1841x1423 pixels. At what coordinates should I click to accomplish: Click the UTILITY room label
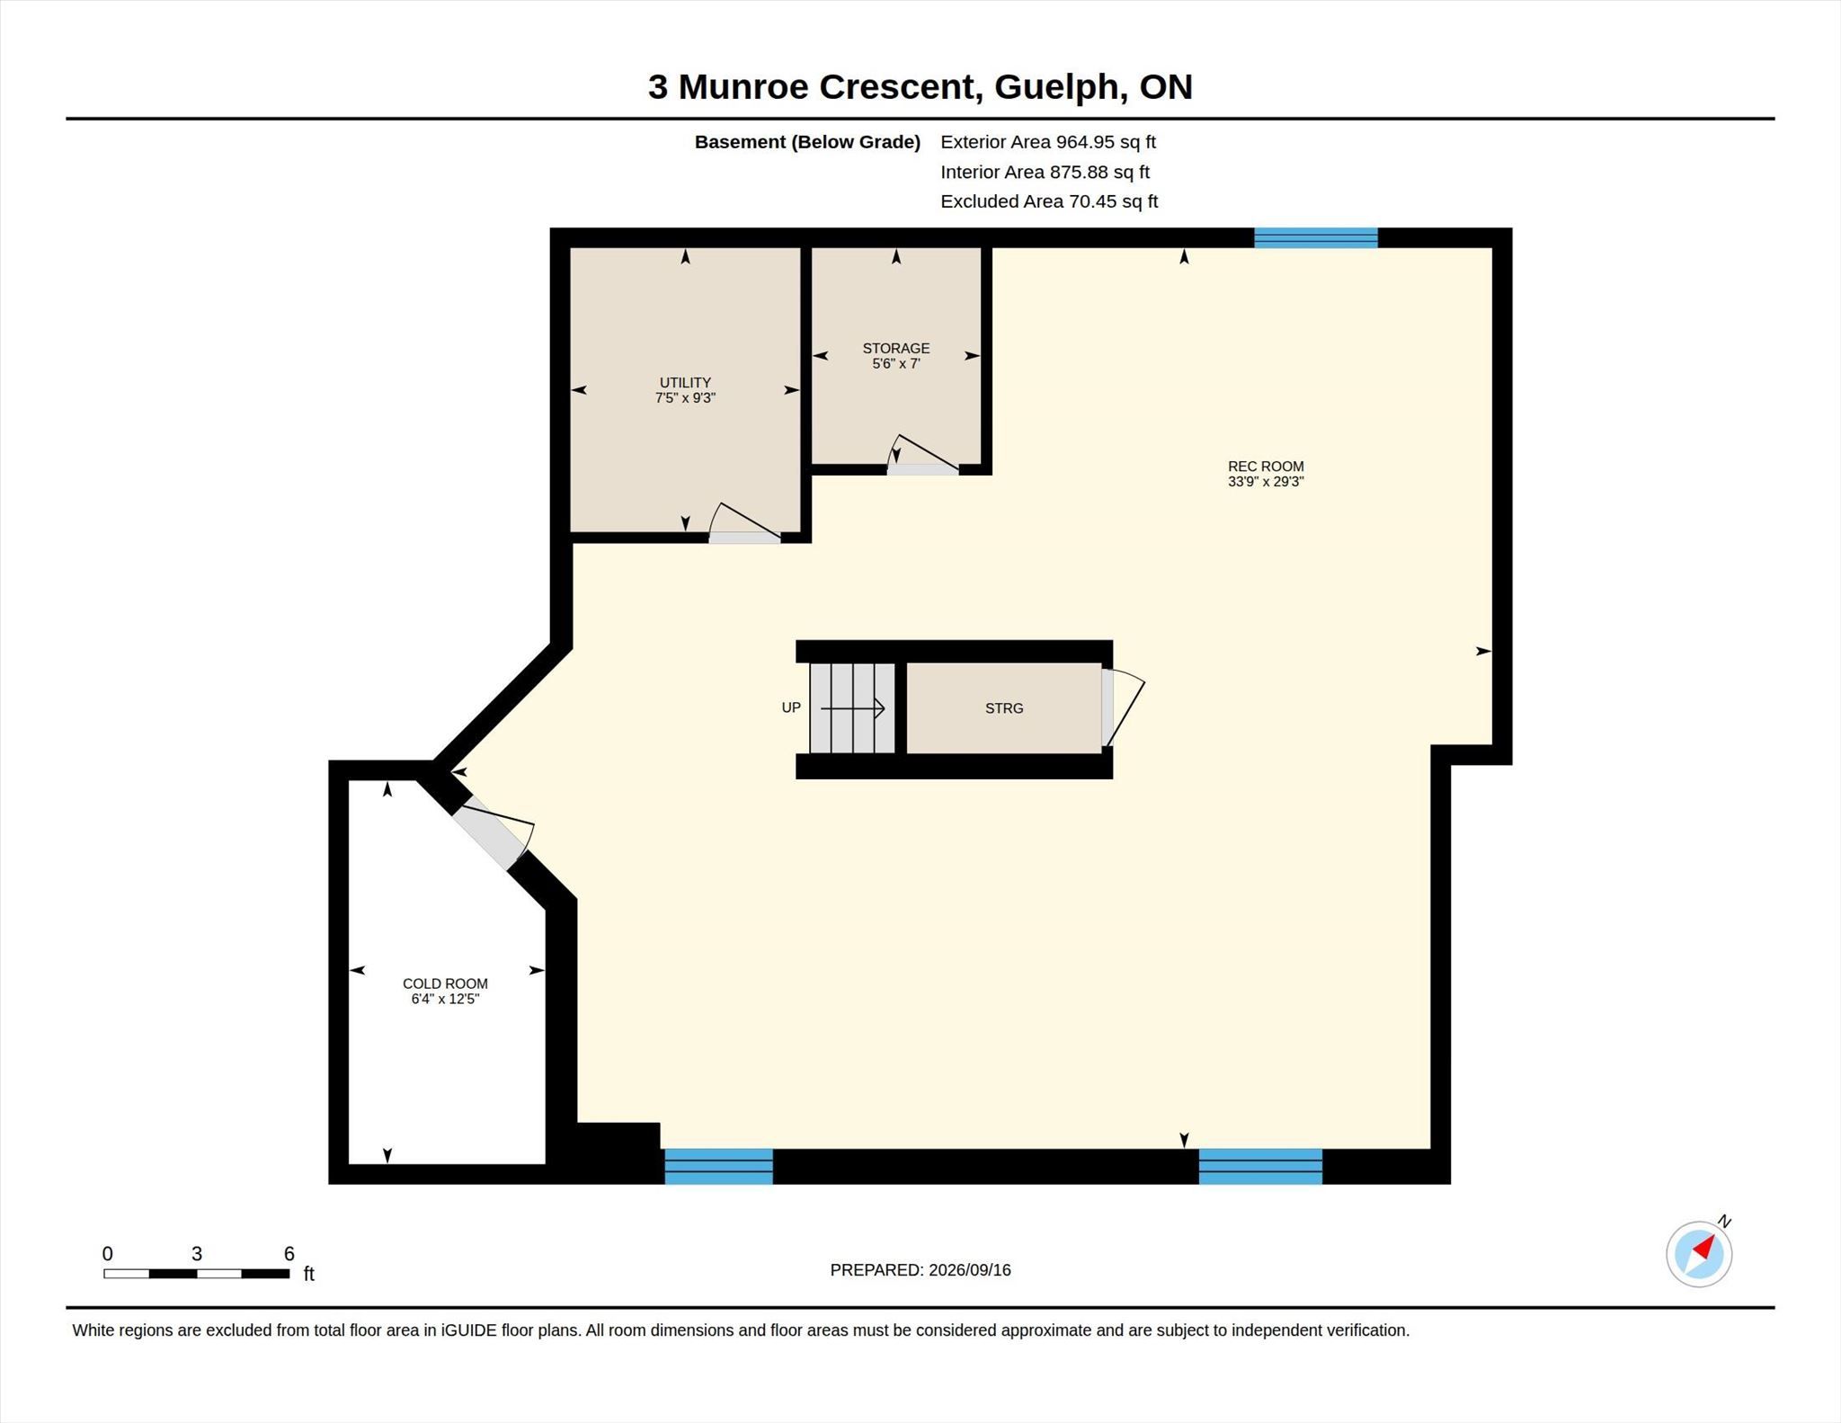(685, 383)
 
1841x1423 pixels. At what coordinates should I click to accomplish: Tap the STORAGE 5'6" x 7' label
(896, 356)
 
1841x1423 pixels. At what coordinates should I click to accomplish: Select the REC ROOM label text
(1266, 467)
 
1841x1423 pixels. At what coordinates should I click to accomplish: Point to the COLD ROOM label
(445, 983)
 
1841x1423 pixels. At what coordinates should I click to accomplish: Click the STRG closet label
(1004, 708)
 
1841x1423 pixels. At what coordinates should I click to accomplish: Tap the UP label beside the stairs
(791, 707)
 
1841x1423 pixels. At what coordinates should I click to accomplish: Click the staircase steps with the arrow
(852, 708)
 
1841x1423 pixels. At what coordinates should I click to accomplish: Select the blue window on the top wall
(1316, 238)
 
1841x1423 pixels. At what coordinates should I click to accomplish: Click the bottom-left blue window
(718, 1166)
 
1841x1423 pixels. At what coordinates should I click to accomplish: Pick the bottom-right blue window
(1260, 1166)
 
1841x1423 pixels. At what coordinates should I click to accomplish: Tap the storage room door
(922, 455)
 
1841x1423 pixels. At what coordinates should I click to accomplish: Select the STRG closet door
(1123, 707)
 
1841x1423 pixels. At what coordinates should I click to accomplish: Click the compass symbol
(1699, 1253)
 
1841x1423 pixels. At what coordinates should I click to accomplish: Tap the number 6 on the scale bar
(289, 1253)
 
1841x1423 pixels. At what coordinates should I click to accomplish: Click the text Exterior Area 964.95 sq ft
(1048, 142)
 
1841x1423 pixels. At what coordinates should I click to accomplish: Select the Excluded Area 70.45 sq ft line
(1049, 201)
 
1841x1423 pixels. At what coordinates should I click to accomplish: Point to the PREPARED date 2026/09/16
(970, 1270)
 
